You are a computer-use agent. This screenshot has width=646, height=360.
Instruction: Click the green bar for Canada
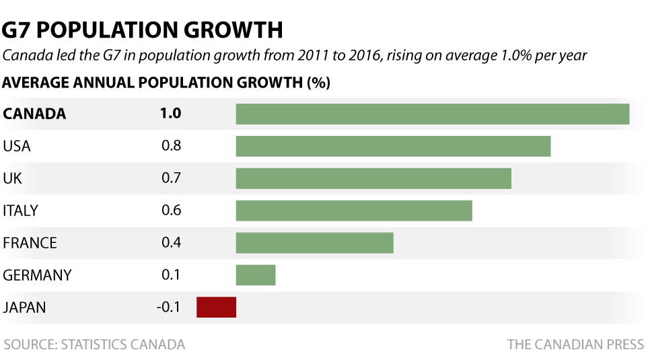coord(432,114)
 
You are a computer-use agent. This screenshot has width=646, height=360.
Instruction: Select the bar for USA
coord(393,146)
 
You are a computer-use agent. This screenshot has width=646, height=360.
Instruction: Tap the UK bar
coord(373,178)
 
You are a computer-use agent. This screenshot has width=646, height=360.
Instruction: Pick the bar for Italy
coord(354,211)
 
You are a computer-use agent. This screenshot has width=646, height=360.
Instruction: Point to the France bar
coord(314,243)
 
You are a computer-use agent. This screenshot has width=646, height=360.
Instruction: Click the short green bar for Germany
coord(256,275)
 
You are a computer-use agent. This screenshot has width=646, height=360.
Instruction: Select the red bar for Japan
coord(216,308)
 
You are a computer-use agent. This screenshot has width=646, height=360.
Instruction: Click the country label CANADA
coord(35,114)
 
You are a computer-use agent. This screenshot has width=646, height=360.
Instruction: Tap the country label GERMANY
coord(37,275)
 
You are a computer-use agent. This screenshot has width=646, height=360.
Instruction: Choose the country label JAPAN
coord(25,308)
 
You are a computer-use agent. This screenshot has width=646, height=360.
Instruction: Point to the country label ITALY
coord(21,211)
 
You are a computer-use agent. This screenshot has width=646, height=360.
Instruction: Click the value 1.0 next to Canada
coord(170,114)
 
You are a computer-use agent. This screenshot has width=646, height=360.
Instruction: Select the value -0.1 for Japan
coord(168,308)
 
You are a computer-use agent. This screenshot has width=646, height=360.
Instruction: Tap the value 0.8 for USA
coord(171,146)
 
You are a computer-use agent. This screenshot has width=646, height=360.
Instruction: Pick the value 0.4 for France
coord(171,243)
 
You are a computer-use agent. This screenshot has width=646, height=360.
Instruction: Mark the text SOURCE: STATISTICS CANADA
coord(94,345)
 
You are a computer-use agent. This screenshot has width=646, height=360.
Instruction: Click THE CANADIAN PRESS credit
coord(575,345)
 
